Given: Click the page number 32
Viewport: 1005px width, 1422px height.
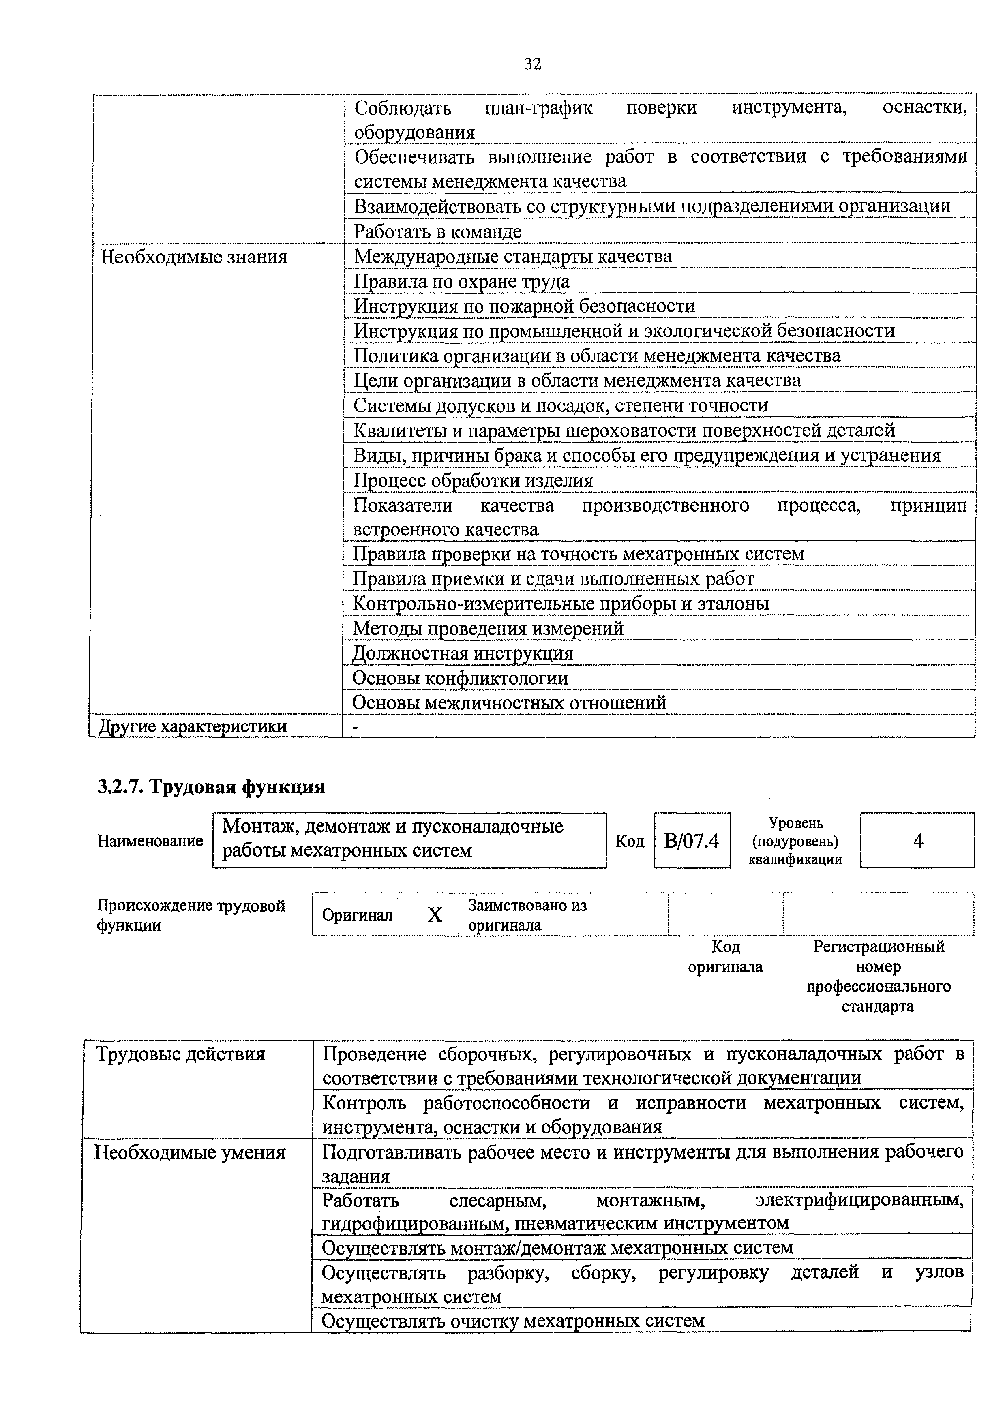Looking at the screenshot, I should point(533,64).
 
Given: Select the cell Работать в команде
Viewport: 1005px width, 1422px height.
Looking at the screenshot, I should point(438,231).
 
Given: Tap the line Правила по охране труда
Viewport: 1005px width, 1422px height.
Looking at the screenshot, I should point(461,282).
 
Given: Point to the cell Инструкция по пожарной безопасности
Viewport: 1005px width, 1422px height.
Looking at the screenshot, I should point(524,306).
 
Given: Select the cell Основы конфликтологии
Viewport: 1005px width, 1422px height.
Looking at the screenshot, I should point(460,678).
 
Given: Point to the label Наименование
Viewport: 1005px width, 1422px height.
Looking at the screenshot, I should point(150,841).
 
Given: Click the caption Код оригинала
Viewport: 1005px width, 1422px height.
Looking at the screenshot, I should point(725,957).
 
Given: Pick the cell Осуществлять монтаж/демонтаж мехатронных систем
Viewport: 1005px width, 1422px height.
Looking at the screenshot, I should point(557,1247).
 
